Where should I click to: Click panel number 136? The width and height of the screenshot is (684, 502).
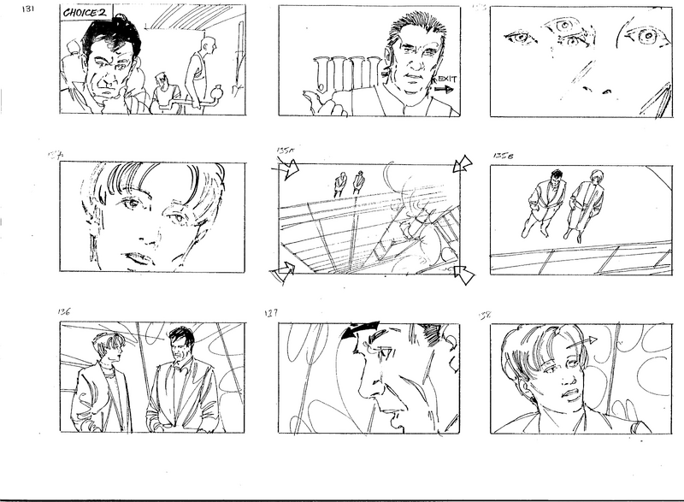click(x=66, y=312)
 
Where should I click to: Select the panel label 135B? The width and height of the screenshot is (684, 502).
click(x=502, y=156)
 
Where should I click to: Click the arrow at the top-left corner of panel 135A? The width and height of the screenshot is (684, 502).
click(x=289, y=170)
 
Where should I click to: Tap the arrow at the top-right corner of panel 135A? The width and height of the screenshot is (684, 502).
click(x=463, y=163)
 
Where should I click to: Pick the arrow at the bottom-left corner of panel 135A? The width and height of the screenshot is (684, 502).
click(x=281, y=274)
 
